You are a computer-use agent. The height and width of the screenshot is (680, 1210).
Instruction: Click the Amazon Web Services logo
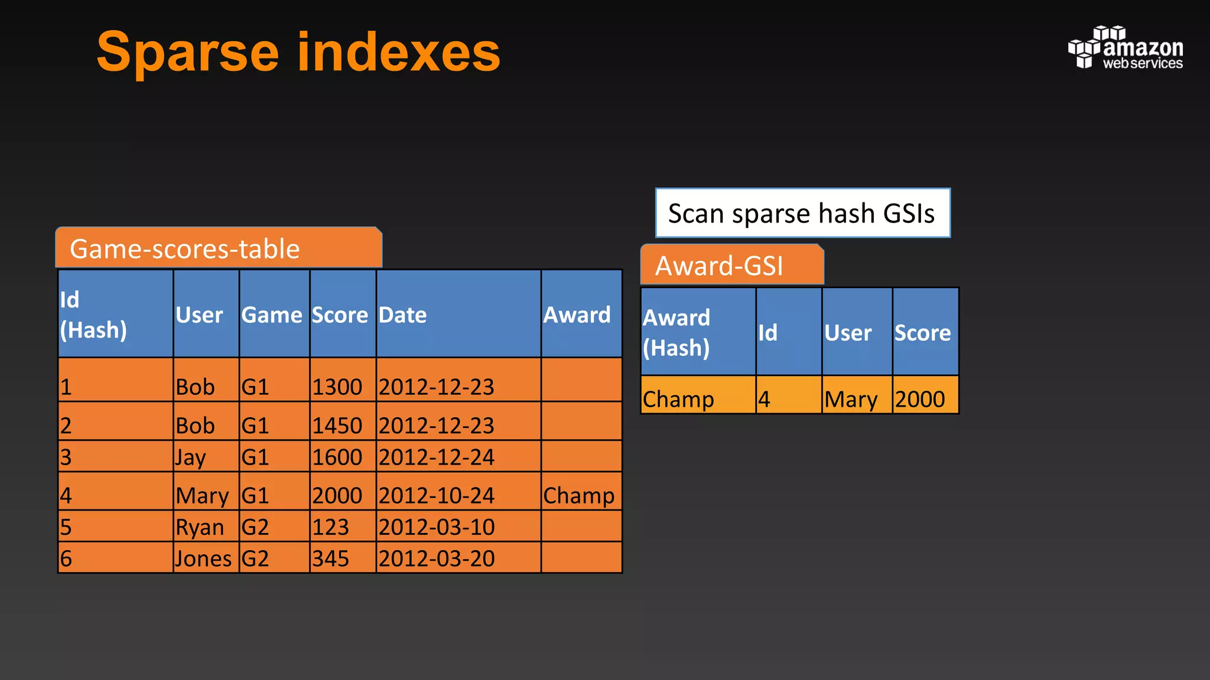[x=1125, y=48]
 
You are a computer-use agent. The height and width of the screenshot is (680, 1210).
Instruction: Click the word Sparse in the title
[x=187, y=53]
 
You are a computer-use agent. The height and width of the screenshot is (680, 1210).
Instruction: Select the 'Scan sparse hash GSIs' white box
[x=802, y=213]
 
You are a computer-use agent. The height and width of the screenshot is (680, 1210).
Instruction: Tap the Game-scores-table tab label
[x=185, y=249]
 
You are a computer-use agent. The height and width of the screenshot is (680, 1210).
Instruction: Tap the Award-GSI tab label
[x=719, y=266]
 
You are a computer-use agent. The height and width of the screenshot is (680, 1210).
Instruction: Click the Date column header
[x=402, y=315]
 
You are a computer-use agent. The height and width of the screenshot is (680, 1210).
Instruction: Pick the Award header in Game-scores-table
[x=577, y=315]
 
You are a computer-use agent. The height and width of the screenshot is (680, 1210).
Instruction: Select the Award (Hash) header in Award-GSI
[x=677, y=332]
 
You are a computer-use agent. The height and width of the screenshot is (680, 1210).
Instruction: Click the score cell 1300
[x=337, y=387]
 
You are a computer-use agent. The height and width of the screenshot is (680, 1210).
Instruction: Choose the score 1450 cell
[x=337, y=426]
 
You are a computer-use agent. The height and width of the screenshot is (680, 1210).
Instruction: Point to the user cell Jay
[x=190, y=457]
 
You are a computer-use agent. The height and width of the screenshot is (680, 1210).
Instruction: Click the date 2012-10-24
[x=436, y=495]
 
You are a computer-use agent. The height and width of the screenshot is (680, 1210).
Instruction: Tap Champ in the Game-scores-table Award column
[x=578, y=495]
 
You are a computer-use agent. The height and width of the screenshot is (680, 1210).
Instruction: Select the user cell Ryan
[x=200, y=527]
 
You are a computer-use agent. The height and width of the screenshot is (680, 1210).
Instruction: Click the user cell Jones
[x=203, y=558]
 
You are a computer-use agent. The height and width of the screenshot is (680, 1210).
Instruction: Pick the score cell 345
[x=330, y=558]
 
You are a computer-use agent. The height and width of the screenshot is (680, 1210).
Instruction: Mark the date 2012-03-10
[x=436, y=527]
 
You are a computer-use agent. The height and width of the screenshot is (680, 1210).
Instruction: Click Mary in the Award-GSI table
[x=851, y=399]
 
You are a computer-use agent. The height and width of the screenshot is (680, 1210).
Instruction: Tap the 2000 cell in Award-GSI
[x=920, y=399]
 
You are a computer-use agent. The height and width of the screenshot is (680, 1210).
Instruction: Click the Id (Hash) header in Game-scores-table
[x=93, y=315]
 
